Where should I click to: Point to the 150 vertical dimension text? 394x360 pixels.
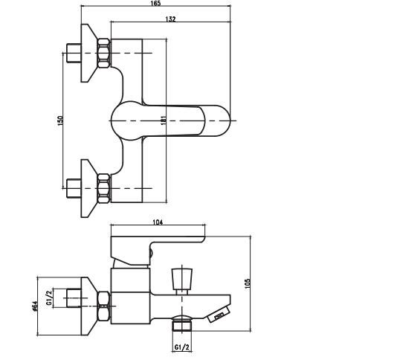pyautogui.click(x=61, y=120)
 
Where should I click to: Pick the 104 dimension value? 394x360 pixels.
pyautogui.click(x=157, y=222)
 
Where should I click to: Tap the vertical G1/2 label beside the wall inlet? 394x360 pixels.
pyautogui.click(x=49, y=298)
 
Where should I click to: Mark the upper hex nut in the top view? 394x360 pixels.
pyautogui.click(x=103, y=53)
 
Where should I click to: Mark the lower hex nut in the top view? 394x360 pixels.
pyautogui.click(x=103, y=187)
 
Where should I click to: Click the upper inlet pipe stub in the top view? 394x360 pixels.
pyautogui.click(x=73, y=53)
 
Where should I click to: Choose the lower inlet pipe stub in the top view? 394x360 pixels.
pyautogui.click(x=73, y=187)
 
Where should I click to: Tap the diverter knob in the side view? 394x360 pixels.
pyautogui.click(x=181, y=279)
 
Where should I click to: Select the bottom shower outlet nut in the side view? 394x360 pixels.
pyautogui.click(x=182, y=324)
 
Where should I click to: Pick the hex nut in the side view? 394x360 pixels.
pyautogui.click(x=103, y=300)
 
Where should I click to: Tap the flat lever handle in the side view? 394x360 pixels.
pyautogui.click(x=178, y=242)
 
